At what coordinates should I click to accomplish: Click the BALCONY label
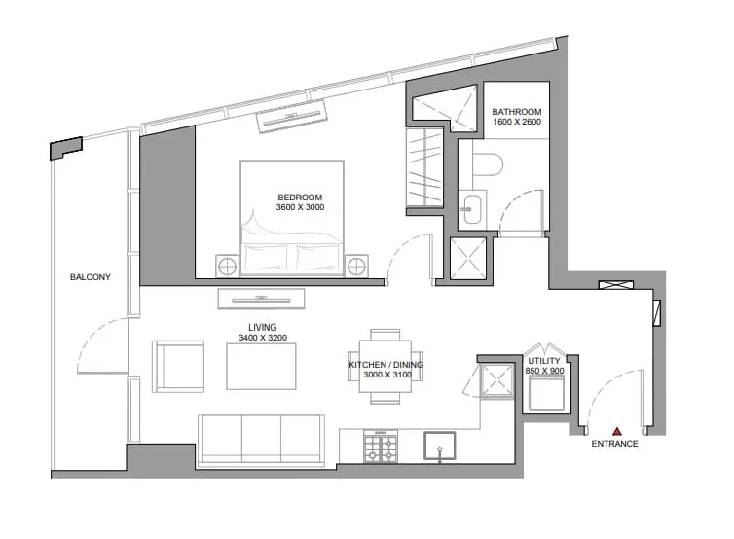91,277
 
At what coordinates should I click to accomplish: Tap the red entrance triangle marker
617,431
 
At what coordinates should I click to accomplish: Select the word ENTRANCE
614,444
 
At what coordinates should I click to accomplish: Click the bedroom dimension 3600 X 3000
300,207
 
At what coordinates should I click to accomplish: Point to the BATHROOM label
517,112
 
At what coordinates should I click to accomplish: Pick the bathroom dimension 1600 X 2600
517,122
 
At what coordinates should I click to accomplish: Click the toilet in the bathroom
488,164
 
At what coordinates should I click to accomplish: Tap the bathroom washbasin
471,209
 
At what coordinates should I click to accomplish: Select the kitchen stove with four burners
381,446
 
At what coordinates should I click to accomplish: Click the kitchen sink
440,446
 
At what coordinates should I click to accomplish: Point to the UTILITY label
544,361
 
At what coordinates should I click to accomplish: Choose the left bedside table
228,267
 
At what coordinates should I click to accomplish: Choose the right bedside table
356,267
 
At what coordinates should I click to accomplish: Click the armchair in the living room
178,367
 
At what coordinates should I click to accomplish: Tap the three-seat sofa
261,441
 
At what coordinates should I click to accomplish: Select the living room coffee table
261,367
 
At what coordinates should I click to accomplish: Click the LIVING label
263,328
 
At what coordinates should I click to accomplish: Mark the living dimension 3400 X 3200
263,338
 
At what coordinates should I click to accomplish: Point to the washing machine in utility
546,393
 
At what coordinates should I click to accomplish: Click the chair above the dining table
385,334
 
